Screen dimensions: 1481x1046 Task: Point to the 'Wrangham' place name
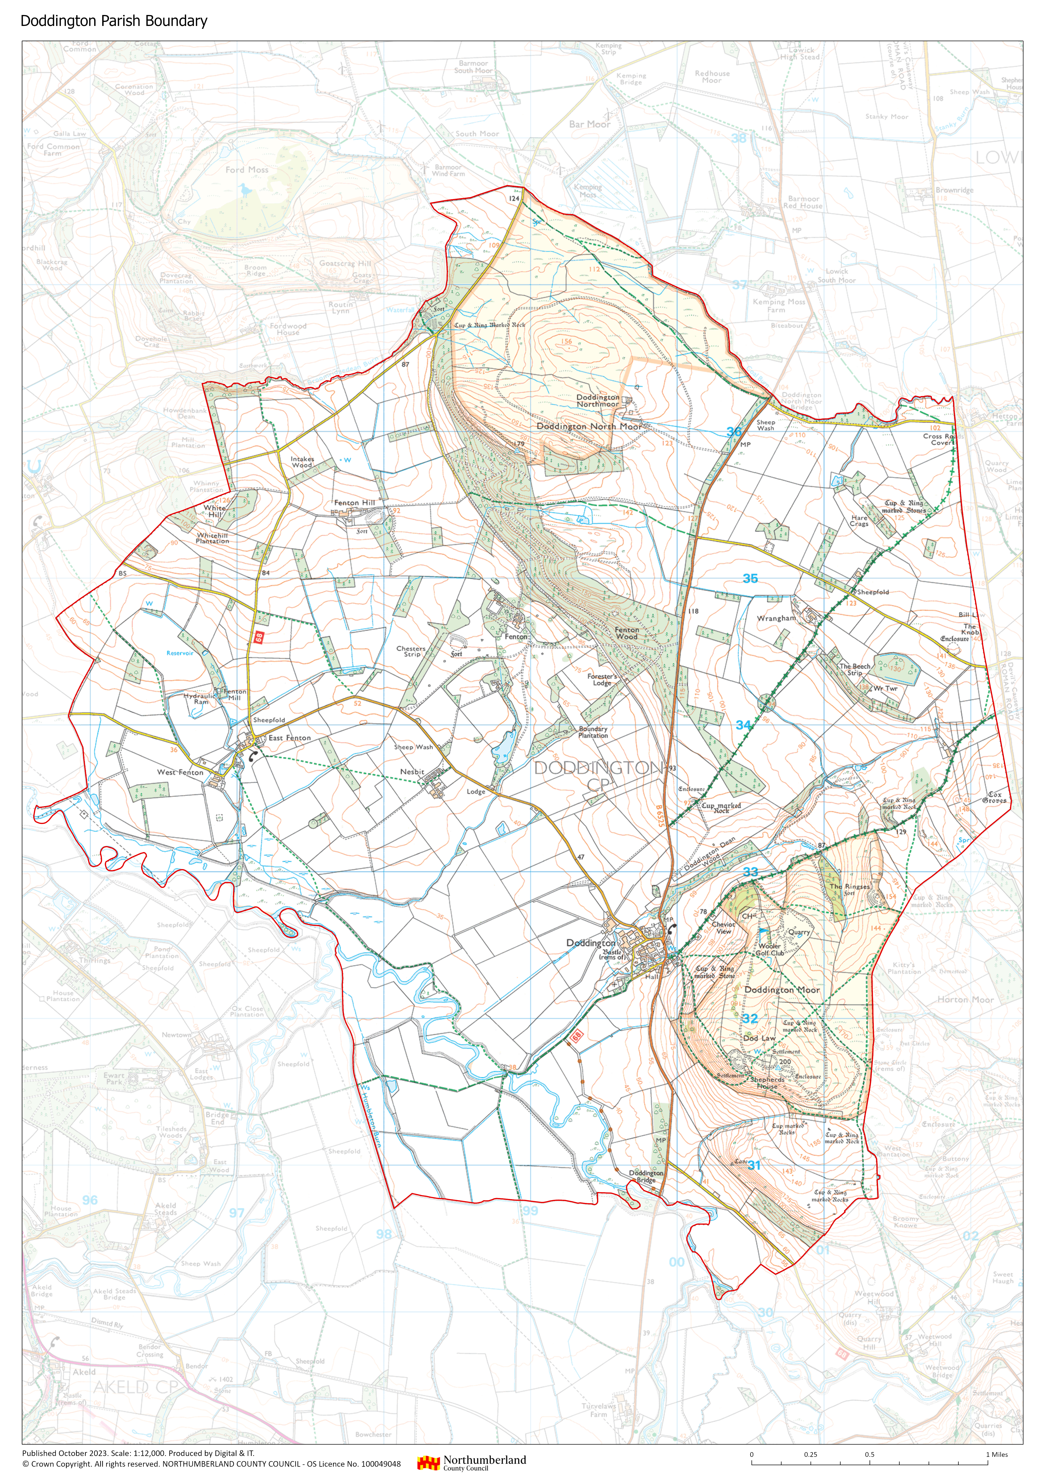tap(776, 618)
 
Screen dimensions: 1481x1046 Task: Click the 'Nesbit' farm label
tap(412, 771)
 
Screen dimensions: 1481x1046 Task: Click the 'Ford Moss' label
tap(246, 170)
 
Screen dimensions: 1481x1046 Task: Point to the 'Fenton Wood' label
tap(626, 633)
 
